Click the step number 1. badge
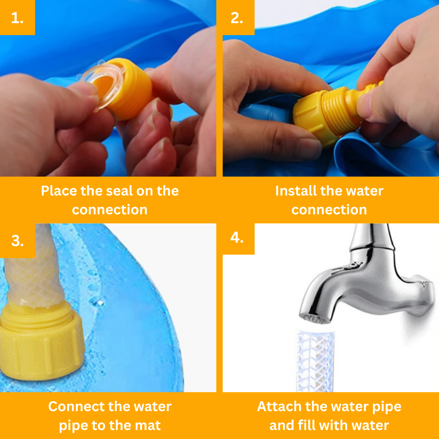tap(17, 17)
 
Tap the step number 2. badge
tap(238, 17)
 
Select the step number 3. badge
tap(17, 241)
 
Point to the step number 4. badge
tap(238, 239)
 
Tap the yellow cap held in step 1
tap(126, 88)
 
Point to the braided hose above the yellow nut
tap(33, 266)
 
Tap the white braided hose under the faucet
tap(316, 361)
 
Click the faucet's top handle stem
tap(373, 237)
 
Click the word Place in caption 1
tap(59, 191)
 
